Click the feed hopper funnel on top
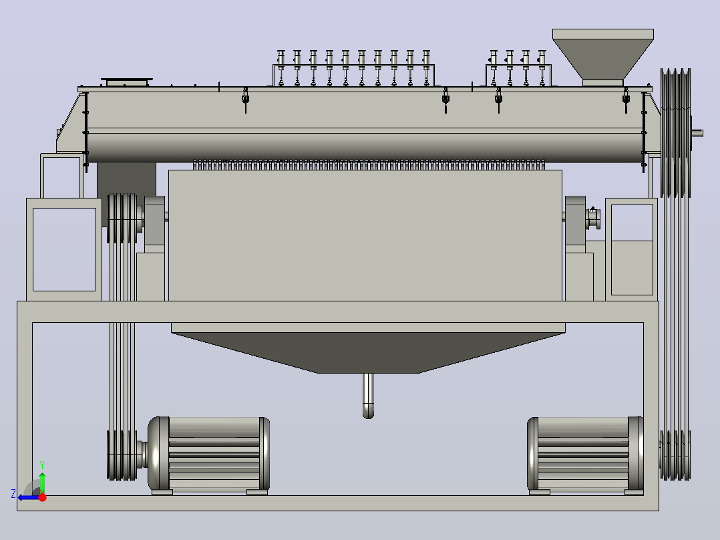pos(603,57)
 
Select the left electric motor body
pos(208,454)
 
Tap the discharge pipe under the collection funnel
pos(368,395)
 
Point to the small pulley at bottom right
pos(675,455)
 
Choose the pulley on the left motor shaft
pos(122,455)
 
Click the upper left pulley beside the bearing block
pos(122,219)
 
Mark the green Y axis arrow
pos(42,481)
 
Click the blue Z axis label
pos(13,494)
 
